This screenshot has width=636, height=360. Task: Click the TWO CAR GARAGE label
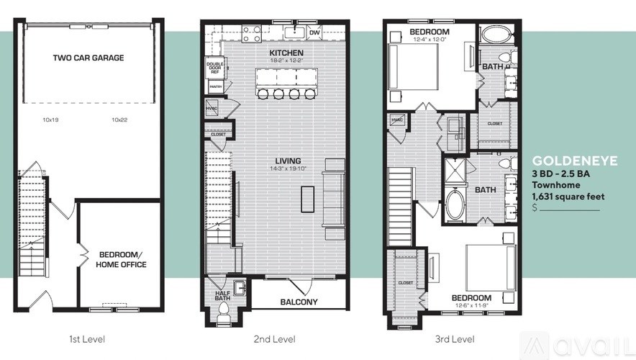pyautogui.click(x=88, y=57)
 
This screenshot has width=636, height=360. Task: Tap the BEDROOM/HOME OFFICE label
pyautogui.click(x=121, y=260)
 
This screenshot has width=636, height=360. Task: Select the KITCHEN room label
pyautogui.click(x=286, y=53)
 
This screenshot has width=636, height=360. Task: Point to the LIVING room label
pyautogui.click(x=286, y=161)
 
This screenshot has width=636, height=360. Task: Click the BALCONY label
pyautogui.click(x=299, y=302)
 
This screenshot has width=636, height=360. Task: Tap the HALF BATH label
pyautogui.click(x=222, y=297)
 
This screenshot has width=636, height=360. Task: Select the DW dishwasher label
pyautogui.click(x=314, y=32)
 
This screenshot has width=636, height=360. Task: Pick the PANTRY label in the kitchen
pyautogui.click(x=215, y=86)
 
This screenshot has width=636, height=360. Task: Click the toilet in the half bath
pyautogui.click(x=223, y=311)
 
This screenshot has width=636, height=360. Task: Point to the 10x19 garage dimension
pyautogui.click(x=50, y=120)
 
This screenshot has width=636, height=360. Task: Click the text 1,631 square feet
pyautogui.click(x=568, y=196)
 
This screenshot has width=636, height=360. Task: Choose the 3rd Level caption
pyautogui.click(x=454, y=339)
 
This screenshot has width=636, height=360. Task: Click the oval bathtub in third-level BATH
pyautogui.click(x=455, y=204)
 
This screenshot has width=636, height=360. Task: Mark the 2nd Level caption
pyautogui.click(x=276, y=339)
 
